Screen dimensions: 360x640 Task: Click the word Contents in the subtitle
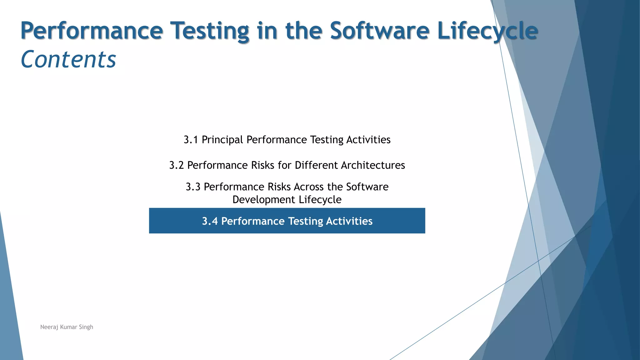(x=68, y=59)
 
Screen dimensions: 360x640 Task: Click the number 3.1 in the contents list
(x=191, y=140)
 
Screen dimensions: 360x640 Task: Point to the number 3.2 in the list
(x=176, y=165)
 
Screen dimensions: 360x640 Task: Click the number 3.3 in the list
(x=193, y=187)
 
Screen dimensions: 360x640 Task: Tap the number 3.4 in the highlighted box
(x=210, y=221)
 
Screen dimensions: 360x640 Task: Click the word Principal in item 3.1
(x=222, y=140)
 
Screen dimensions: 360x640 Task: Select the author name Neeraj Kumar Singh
(x=67, y=327)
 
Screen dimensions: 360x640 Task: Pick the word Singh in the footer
(x=86, y=327)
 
